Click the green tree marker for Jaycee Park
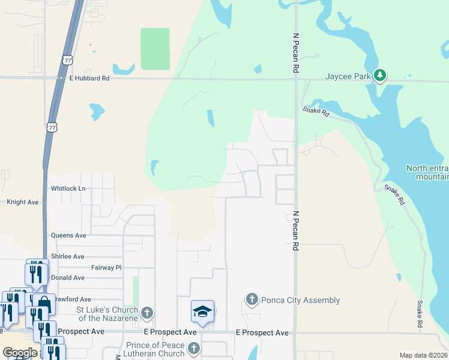pyautogui.click(x=379, y=76)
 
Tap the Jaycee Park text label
pyautogui.click(x=348, y=77)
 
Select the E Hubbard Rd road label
pyautogui.click(x=89, y=78)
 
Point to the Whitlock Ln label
pyautogui.click(x=68, y=188)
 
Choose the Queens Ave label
pyautogui.click(x=68, y=235)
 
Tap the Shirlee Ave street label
pyautogui.click(x=67, y=256)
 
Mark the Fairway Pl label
pyautogui.click(x=106, y=268)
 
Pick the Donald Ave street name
pyautogui.click(x=67, y=278)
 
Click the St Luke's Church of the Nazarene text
pyautogui.click(x=107, y=314)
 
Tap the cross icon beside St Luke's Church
pyautogui.click(x=147, y=313)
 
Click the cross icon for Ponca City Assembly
pyautogui.click(x=252, y=299)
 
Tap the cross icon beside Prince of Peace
pyautogui.click(x=193, y=348)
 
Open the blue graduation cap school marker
pyautogui.click(x=203, y=311)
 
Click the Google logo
pyautogui.click(x=20, y=353)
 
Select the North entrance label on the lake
pyautogui.click(x=427, y=172)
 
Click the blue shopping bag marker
pyautogui.click(x=44, y=304)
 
